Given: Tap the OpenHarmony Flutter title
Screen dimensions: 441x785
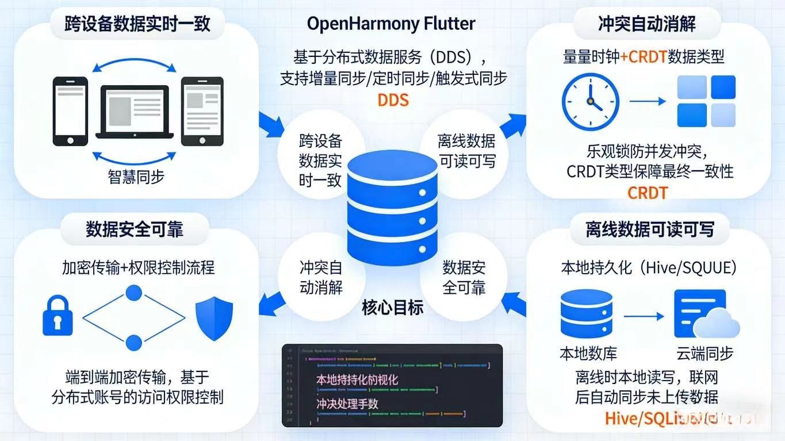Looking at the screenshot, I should point(391,24).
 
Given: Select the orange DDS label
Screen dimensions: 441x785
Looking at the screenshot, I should point(393,99).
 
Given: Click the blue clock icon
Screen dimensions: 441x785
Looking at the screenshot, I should point(591,101).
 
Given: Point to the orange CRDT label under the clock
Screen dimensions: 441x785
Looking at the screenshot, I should point(647,193).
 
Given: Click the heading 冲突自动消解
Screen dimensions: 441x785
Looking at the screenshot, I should point(646,24).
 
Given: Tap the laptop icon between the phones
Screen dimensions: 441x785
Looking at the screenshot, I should point(135,113).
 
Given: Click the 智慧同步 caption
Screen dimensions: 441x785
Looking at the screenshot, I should point(136,177).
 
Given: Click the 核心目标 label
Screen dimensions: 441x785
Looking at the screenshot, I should point(392,308).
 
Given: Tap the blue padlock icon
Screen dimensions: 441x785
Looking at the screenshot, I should point(58,316).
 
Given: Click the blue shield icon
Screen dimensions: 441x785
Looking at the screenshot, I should point(214,318).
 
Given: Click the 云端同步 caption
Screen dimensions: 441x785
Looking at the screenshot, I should point(704,353).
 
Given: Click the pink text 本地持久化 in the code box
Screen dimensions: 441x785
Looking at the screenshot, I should point(357,379).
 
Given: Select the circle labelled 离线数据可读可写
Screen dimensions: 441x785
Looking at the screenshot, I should point(466,151).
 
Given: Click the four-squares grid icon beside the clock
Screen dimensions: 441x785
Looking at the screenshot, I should point(706,101).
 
